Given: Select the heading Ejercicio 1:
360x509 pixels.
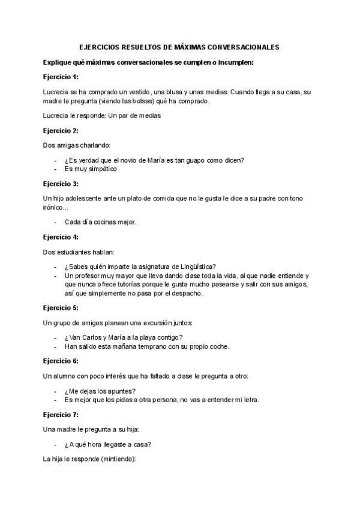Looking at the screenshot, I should pos(61,77).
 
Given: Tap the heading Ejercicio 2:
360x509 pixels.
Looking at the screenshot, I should pos(61,130).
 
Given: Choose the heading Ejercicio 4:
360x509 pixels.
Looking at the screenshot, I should pos(61,236).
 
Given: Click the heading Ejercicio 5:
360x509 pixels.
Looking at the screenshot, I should pos(61,308).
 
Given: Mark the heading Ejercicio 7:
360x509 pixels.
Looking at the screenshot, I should pos(61,414).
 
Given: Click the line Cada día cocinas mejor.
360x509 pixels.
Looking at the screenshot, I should pos(100,222).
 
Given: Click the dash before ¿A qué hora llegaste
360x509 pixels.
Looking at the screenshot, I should pos(55,444).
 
